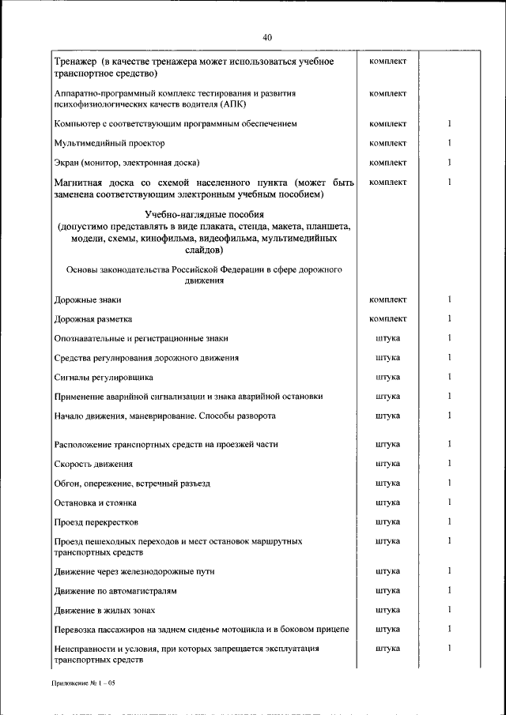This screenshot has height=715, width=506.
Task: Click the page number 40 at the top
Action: point(266,37)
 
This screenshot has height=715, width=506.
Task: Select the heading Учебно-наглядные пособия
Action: point(205,215)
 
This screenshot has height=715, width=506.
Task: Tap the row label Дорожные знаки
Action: point(88,300)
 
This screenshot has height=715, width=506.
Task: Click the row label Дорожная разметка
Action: point(93,319)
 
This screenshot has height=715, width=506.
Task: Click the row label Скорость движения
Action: point(93,464)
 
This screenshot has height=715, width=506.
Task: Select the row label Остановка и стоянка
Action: point(95,502)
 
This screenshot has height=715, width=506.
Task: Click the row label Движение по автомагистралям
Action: point(115,590)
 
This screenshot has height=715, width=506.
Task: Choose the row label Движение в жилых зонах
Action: point(104,610)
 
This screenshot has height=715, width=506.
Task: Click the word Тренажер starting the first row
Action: point(75,62)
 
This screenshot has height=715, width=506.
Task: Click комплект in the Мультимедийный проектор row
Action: point(387,143)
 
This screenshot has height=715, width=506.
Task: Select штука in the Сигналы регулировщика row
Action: point(387,377)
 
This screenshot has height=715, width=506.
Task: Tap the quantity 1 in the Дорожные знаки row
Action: point(448,299)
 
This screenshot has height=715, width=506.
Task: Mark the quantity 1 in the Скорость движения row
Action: point(448,463)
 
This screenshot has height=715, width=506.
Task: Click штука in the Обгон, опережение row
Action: point(387,483)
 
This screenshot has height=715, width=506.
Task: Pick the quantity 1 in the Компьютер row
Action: point(448,124)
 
